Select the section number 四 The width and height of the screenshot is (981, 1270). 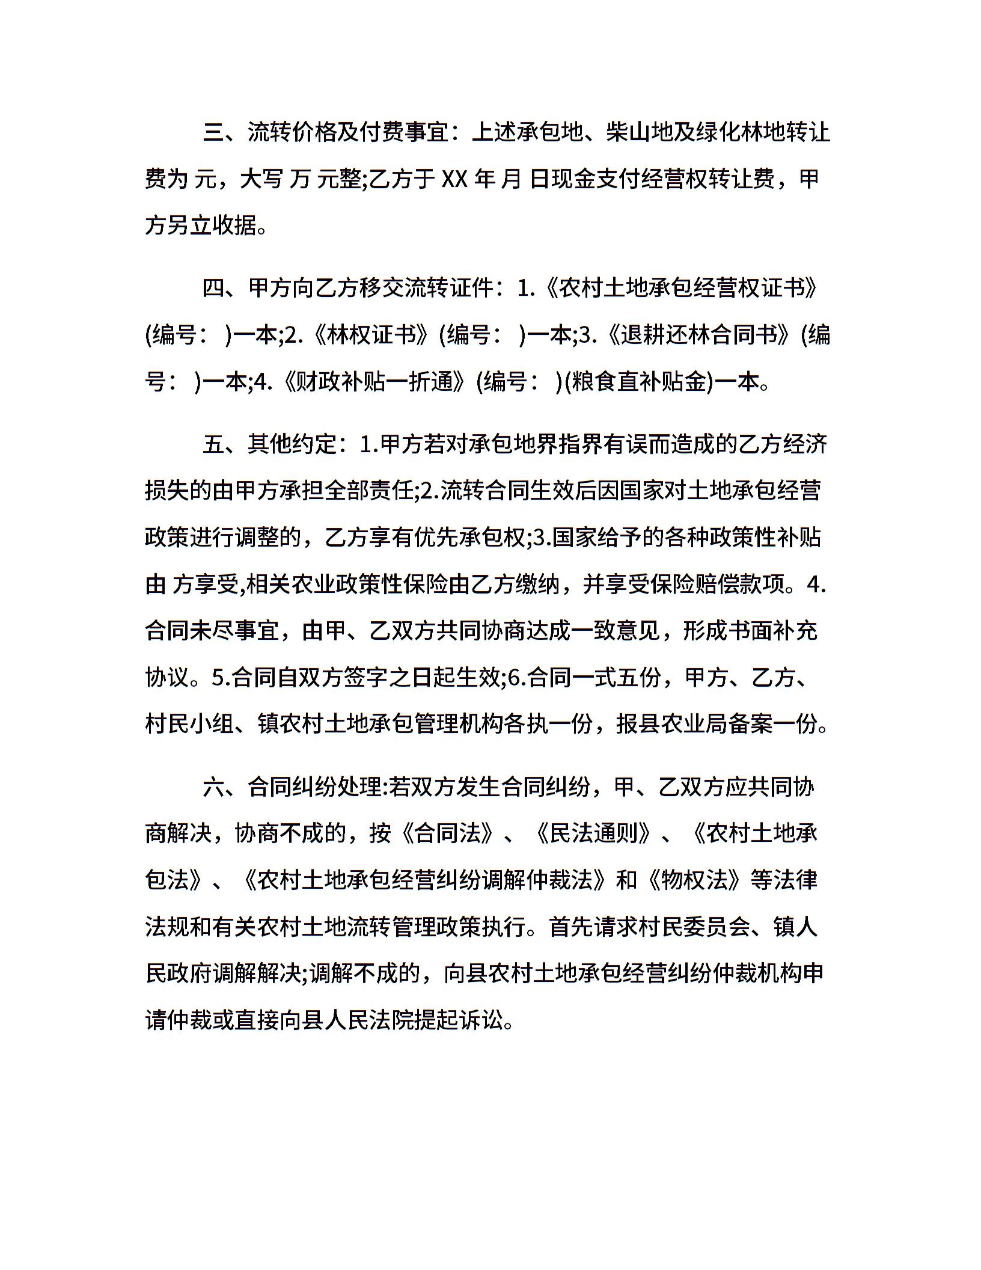[x=213, y=289]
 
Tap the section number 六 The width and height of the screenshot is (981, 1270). [x=213, y=787]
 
